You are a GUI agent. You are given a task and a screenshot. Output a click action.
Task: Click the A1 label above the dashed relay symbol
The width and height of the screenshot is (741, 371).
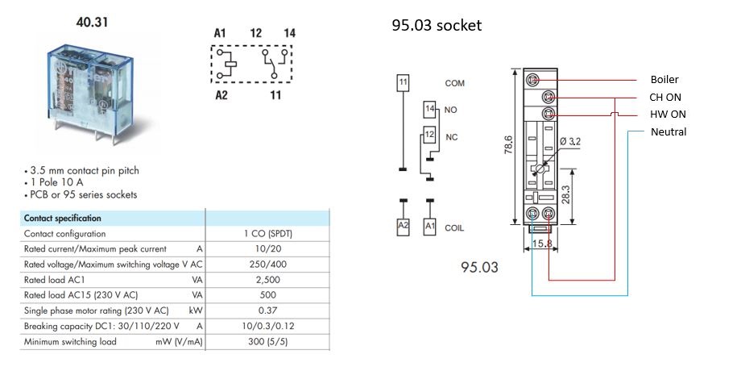219,33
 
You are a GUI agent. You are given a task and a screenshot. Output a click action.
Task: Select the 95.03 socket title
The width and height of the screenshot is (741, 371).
437,26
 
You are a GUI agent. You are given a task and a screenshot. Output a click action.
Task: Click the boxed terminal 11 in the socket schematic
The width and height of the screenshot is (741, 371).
403,81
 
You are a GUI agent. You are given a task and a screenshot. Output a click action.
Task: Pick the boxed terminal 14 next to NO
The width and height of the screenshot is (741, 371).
430,108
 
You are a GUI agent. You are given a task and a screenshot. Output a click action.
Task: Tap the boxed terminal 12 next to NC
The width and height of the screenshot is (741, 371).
430,135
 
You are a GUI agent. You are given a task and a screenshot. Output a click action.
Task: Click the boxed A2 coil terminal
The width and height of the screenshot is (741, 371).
403,227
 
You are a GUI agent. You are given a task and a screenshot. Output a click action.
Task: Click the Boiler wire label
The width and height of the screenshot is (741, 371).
664,80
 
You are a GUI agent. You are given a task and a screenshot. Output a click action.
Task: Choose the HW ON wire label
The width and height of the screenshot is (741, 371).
668,115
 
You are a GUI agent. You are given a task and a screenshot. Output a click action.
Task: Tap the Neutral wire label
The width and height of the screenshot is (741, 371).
669,131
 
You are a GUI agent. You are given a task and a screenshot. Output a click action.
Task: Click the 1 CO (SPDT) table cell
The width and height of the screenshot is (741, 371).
268,233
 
